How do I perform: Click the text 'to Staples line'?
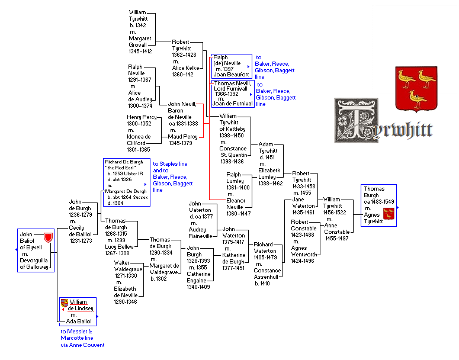(x=171, y=163)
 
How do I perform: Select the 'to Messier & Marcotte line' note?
(x=82, y=338)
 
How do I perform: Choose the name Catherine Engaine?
(x=199, y=277)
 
